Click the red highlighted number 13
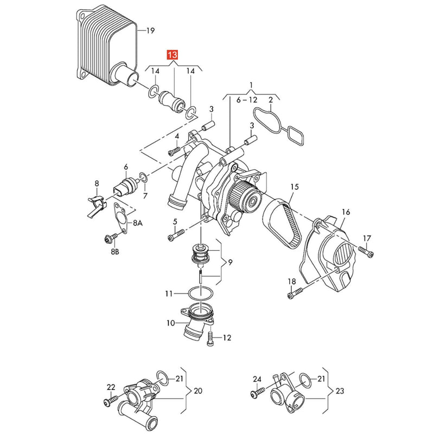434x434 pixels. [x=172, y=55]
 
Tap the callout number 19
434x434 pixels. [x=150, y=30]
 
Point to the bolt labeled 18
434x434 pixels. [x=296, y=293]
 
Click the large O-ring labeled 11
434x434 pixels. [x=201, y=294]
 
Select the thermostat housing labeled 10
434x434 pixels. [x=197, y=321]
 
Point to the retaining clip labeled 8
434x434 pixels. [x=96, y=206]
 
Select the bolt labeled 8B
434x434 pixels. [x=111, y=238]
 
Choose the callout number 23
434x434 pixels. [x=340, y=391]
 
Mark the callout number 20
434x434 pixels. [x=198, y=391]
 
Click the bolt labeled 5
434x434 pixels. [x=176, y=235]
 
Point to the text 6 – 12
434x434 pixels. [x=247, y=100]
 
